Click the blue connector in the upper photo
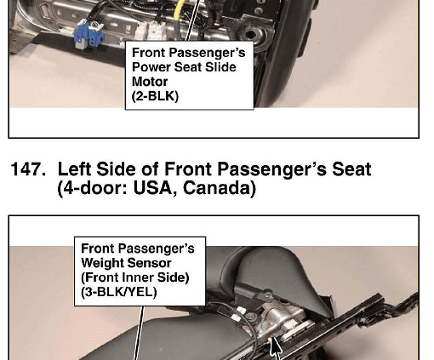(89, 36)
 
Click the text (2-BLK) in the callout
(155, 96)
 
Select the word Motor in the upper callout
(150, 82)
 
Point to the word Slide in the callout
(220, 67)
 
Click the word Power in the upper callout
(151, 67)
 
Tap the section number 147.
(28, 169)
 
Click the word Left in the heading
(74, 169)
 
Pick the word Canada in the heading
(220, 188)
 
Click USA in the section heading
(155, 188)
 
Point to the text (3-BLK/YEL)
(119, 292)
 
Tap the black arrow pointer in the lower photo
(275, 346)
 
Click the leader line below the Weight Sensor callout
(139, 333)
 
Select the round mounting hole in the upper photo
(250, 35)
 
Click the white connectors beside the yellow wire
(148, 31)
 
